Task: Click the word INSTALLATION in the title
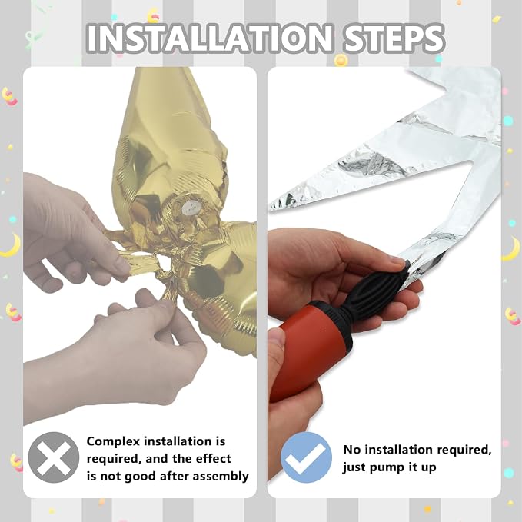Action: (210, 38)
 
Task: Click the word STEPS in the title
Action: (394, 38)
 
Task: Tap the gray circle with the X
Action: (54, 457)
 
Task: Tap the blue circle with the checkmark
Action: (306, 457)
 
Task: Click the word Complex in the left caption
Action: (113, 442)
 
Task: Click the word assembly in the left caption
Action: (221, 477)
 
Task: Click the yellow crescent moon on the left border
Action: (11, 246)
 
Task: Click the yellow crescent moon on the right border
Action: (512, 250)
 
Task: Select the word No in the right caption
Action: (351, 450)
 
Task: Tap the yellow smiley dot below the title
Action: (341, 60)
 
